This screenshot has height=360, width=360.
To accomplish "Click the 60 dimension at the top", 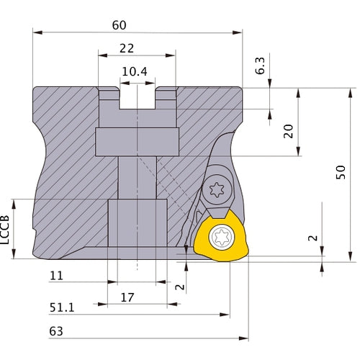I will click(x=120, y=24).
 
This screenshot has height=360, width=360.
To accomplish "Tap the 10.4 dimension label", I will click(x=135, y=71).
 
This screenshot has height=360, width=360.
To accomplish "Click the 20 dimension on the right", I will click(x=288, y=131).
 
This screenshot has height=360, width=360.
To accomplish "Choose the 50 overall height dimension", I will click(x=341, y=171).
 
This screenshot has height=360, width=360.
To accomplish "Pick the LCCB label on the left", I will click(x=6, y=229).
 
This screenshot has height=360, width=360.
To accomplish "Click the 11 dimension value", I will click(x=57, y=276).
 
